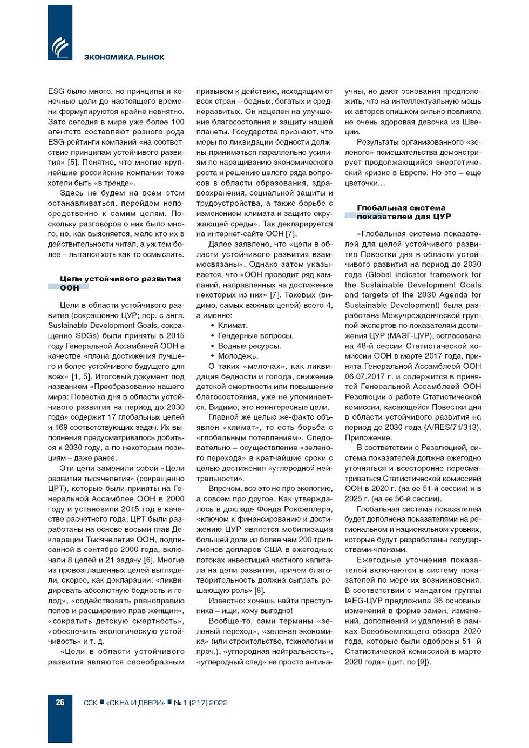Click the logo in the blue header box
pos(60,48)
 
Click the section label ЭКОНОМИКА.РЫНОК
pos(124,57)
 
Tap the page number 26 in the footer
pos(60,702)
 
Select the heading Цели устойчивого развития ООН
pos(120,283)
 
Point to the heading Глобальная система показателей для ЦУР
pos(404,212)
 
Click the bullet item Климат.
pos(233,325)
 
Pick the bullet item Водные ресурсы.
pos(249,346)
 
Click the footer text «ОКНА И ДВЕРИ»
pos(135,703)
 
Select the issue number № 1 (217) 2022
pos(201,703)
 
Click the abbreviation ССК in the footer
pos(91,703)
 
